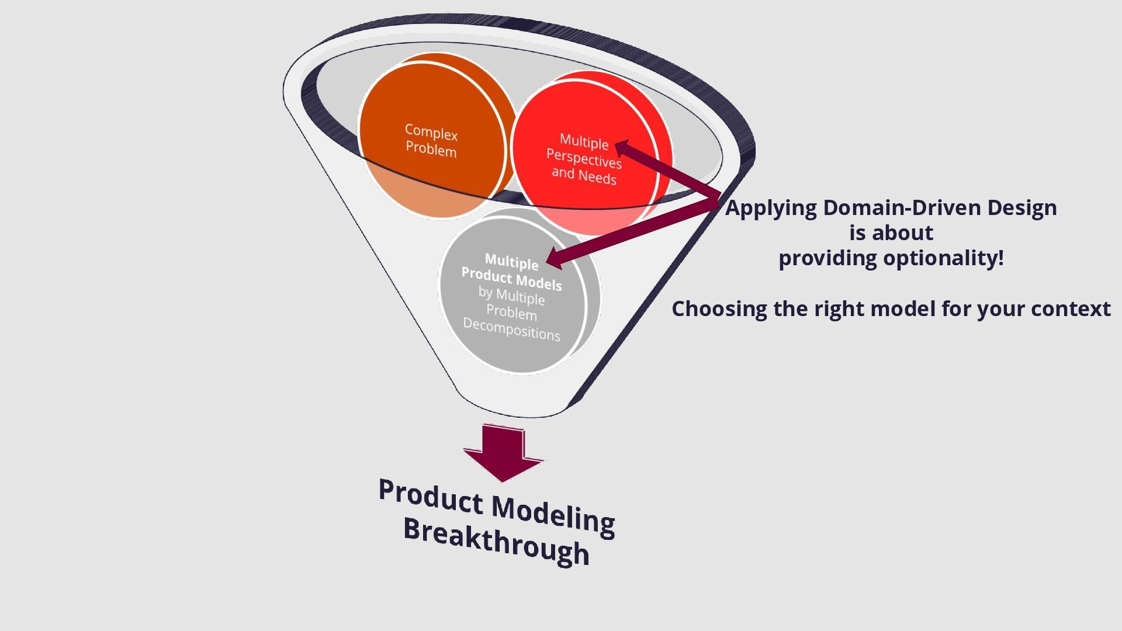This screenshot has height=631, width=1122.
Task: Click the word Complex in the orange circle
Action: [431, 132]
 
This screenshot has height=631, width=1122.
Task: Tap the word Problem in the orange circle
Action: [431, 150]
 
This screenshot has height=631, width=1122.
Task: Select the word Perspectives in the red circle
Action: [584, 158]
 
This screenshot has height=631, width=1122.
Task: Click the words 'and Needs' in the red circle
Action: [584, 175]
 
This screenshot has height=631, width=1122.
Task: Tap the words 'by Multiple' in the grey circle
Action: [511, 296]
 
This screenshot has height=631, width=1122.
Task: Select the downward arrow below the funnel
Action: [503, 453]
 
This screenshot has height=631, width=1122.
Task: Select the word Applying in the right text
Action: [771, 208]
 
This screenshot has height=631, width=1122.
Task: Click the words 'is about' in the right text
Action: [891, 233]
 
